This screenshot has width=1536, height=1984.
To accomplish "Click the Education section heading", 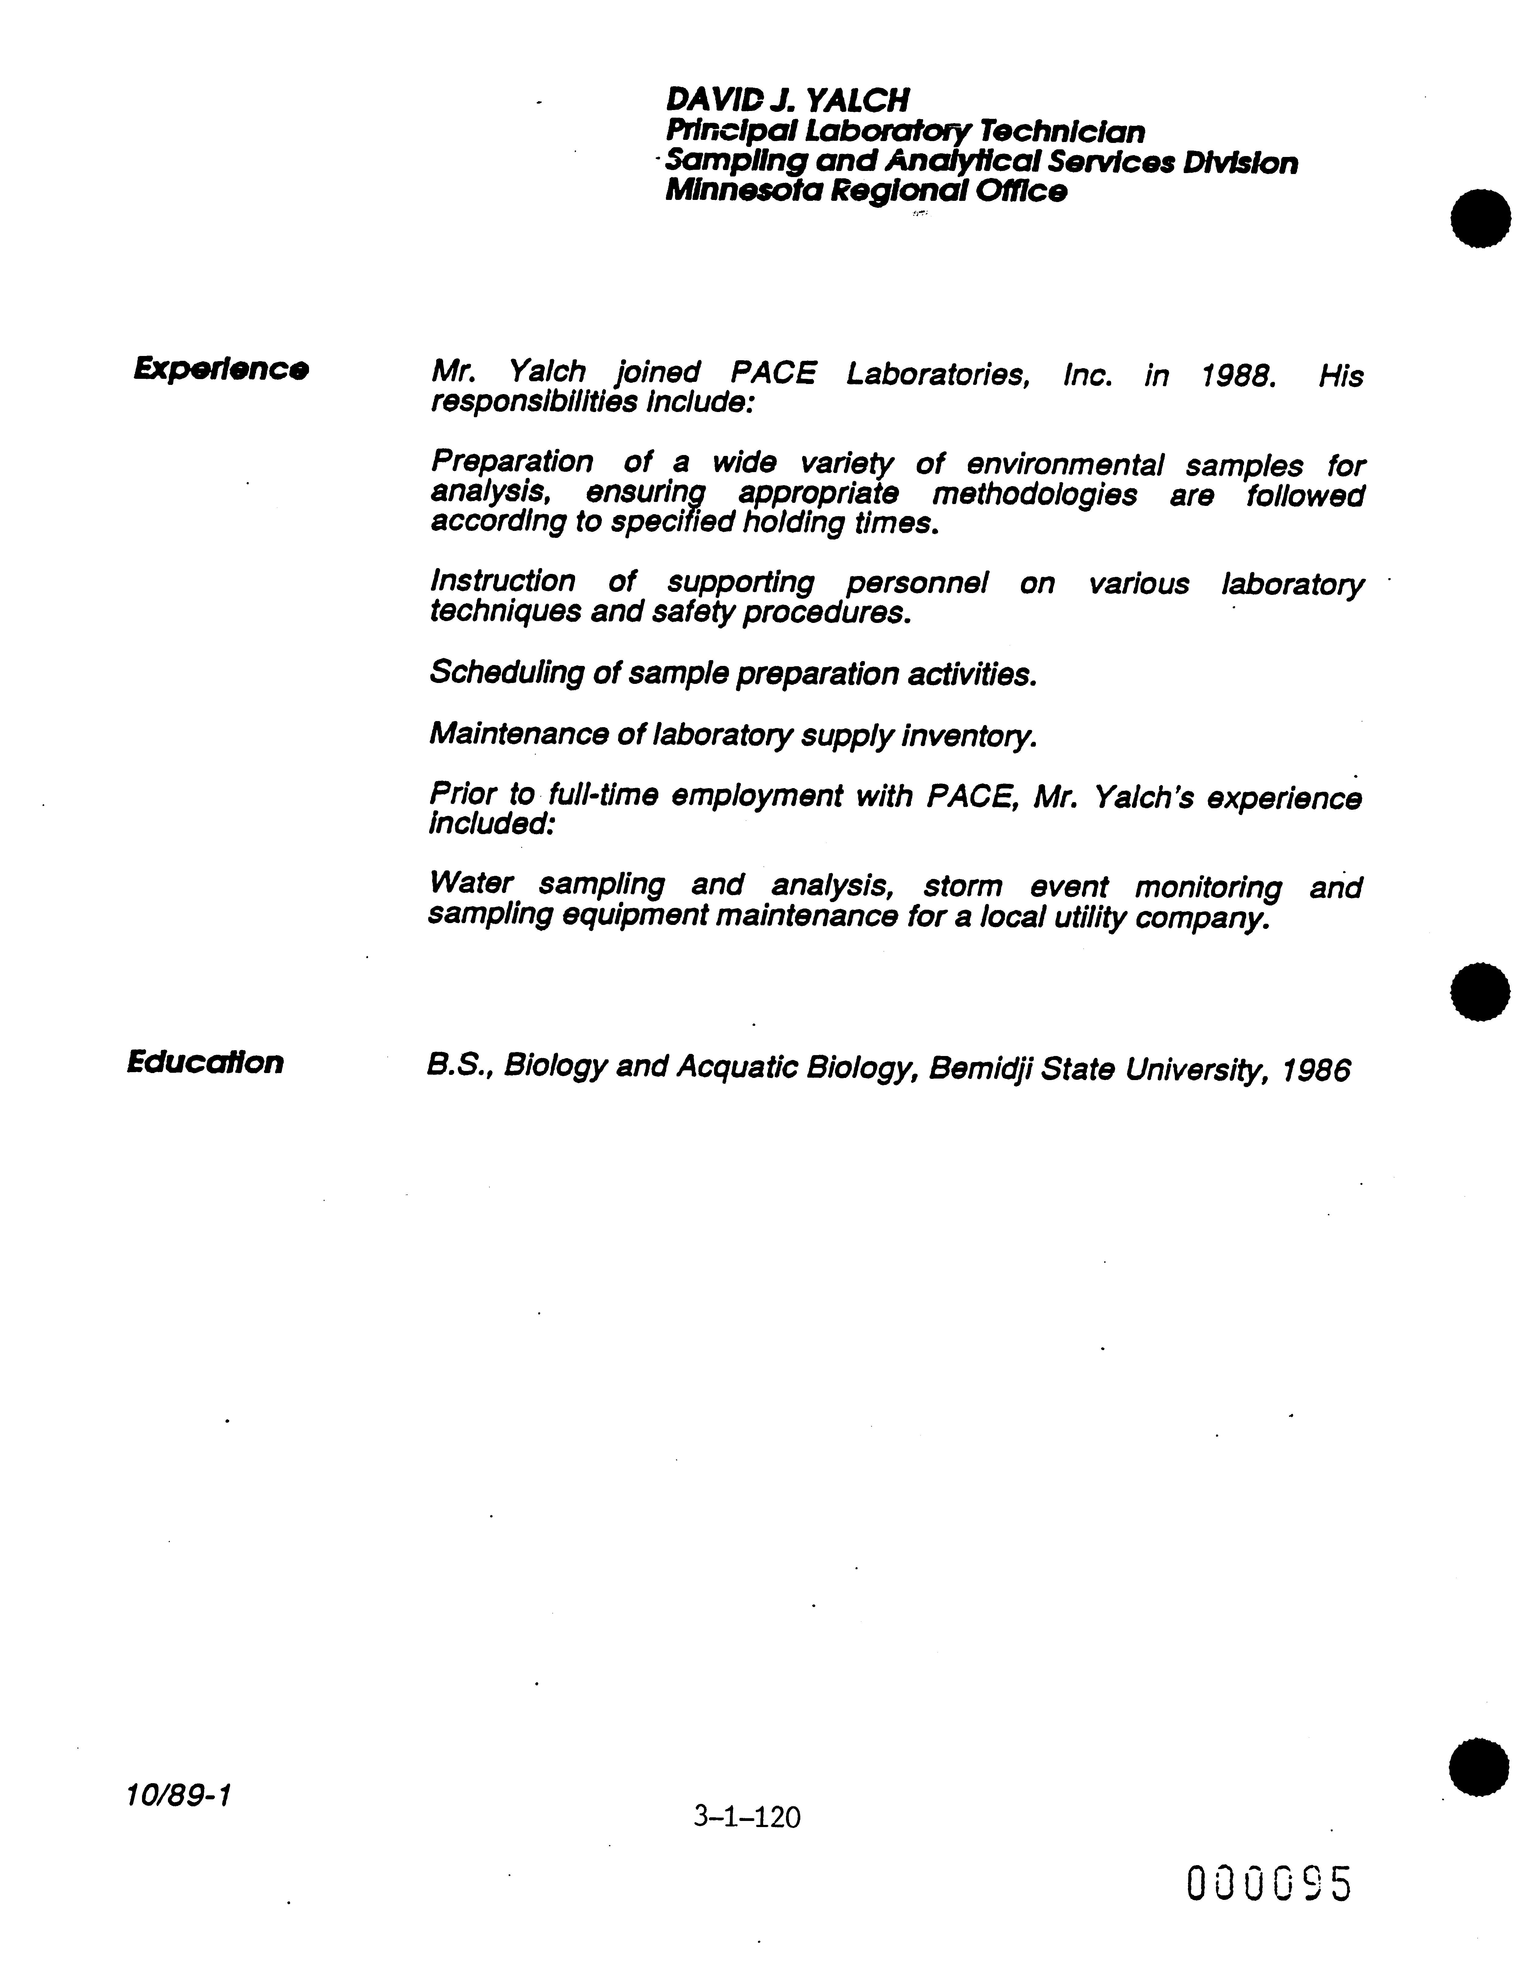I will (x=205, y=1062).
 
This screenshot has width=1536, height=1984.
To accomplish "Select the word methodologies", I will (x=1034, y=495).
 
